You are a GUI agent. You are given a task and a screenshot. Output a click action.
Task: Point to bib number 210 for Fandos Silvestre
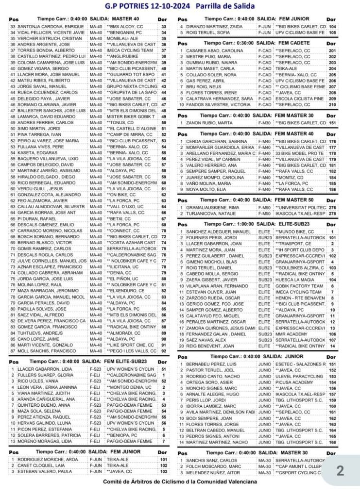click(x=332, y=104)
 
